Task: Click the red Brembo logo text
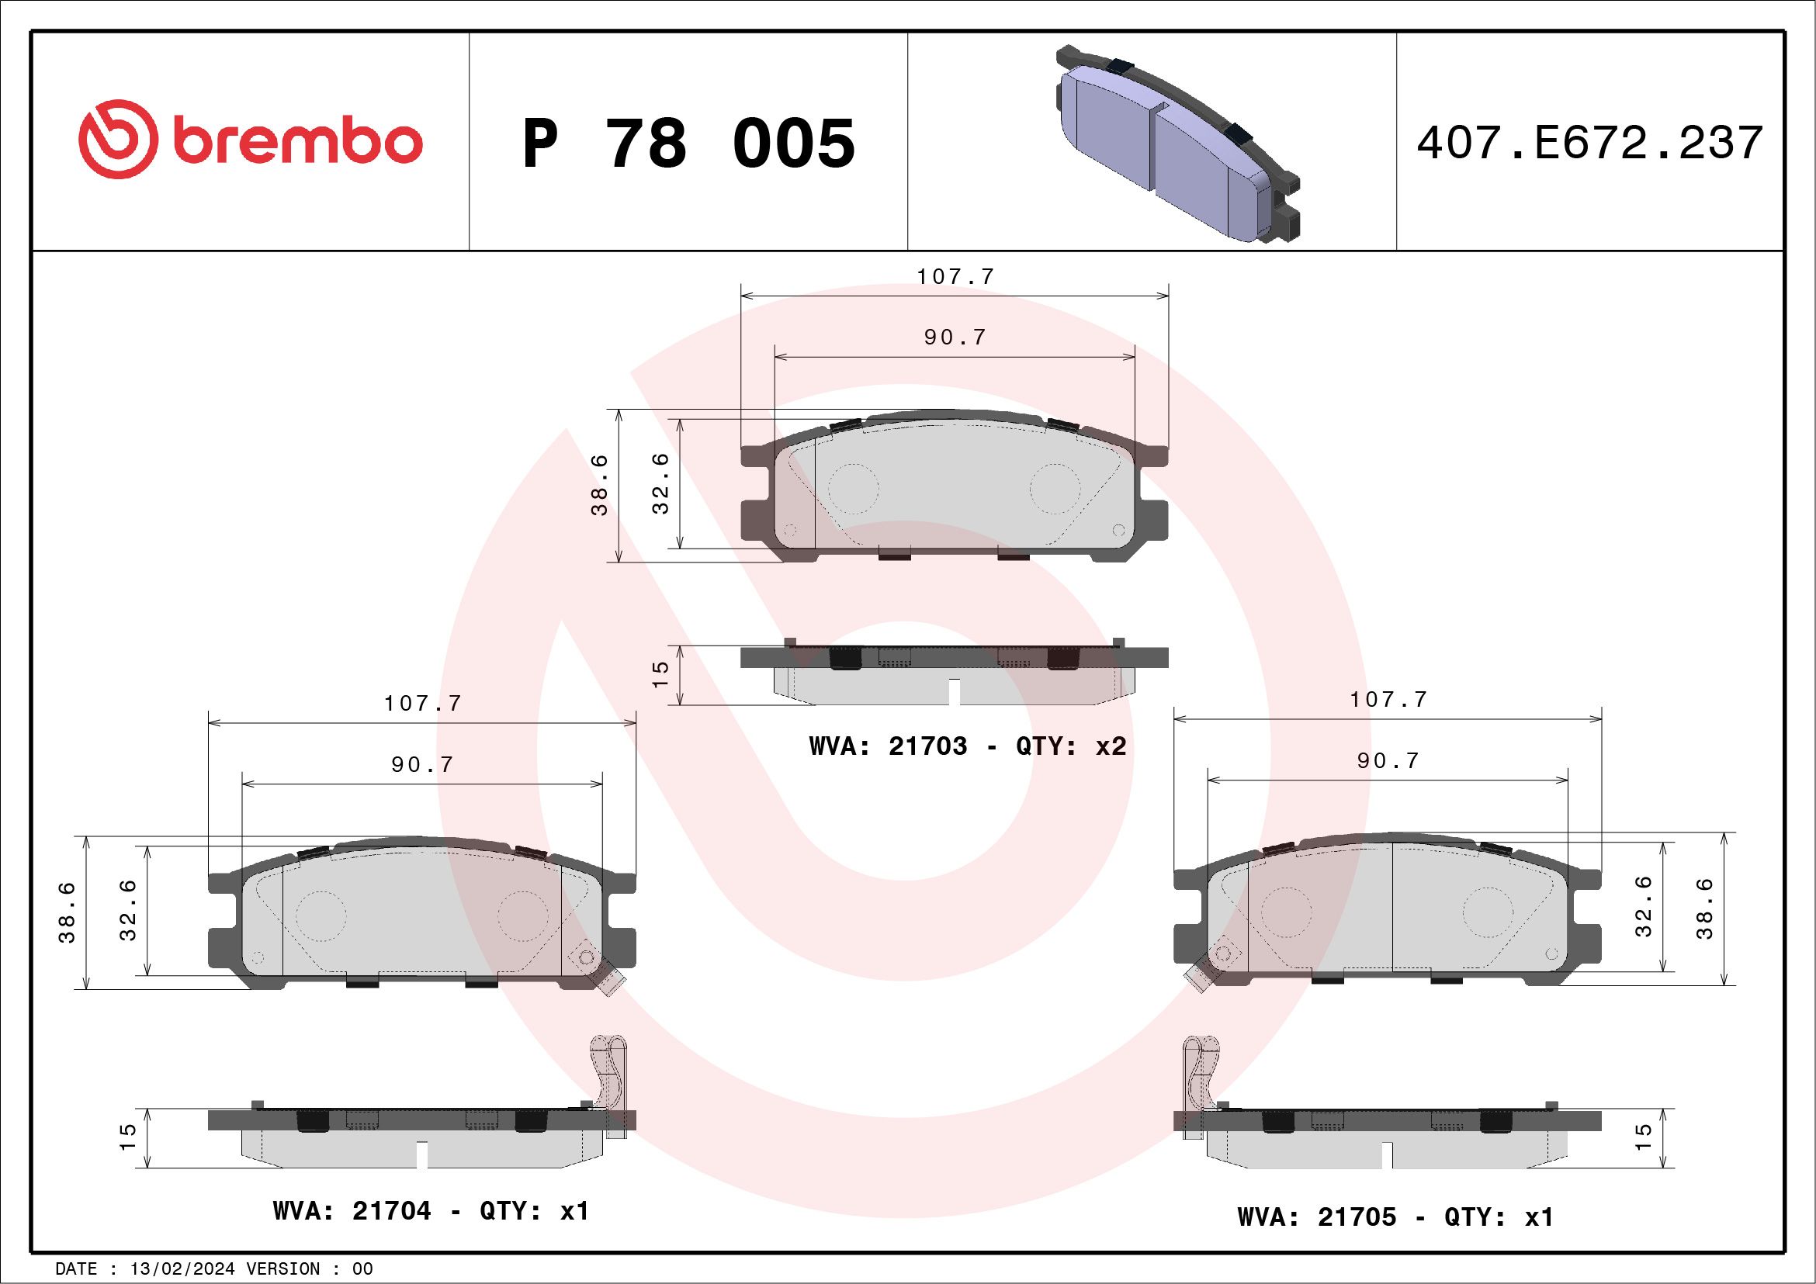click(x=296, y=142)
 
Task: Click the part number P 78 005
click(x=688, y=144)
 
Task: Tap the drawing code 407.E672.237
click(x=1589, y=143)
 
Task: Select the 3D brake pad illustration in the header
click(x=1179, y=142)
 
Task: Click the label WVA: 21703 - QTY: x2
click(x=966, y=746)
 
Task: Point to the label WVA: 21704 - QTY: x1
click(x=431, y=1210)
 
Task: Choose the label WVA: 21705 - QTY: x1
click(x=1395, y=1216)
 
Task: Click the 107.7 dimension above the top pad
click(x=955, y=277)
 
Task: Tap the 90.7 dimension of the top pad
click(x=955, y=337)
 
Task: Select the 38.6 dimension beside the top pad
click(x=600, y=485)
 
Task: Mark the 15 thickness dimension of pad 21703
click(x=660, y=674)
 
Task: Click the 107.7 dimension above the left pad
click(x=422, y=704)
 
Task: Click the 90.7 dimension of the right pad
click(x=1388, y=760)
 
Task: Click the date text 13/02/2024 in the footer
click(x=182, y=1268)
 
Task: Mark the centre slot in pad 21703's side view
click(x=955, y=692)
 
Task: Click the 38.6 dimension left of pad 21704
click(x=68, y=912)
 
